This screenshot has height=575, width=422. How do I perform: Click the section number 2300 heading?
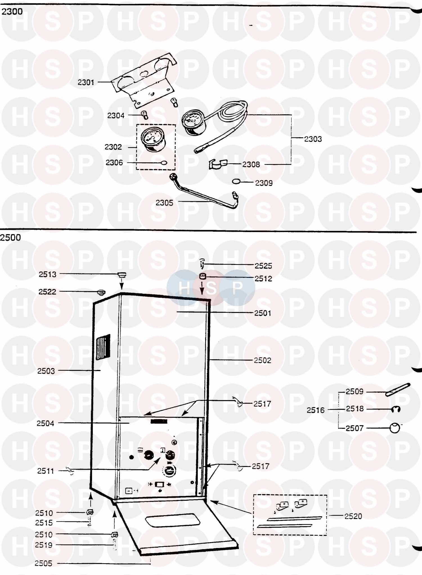coord(12,12)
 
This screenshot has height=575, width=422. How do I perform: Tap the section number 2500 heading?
coord(11,238)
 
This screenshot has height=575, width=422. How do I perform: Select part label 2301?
coord(86,82)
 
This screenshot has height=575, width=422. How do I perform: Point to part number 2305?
coord(164,203)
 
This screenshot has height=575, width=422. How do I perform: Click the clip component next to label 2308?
coord(218,164)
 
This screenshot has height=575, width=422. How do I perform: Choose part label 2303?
coord(313,139)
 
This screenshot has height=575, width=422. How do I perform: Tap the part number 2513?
coord(48,274)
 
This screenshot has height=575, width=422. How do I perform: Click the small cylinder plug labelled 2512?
coord(203,276)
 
